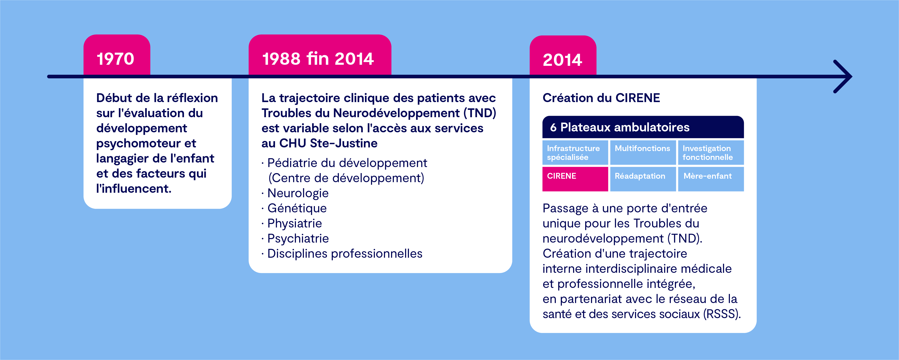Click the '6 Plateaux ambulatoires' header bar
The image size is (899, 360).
643,127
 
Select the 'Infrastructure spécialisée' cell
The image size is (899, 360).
575,153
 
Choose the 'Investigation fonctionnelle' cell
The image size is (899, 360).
710,153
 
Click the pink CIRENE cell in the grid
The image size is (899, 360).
575,179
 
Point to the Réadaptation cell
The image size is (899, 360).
643,179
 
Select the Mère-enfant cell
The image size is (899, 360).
710,179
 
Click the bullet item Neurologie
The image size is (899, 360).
298,193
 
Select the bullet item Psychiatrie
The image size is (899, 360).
298,238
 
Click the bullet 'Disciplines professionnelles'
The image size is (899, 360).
344,254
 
